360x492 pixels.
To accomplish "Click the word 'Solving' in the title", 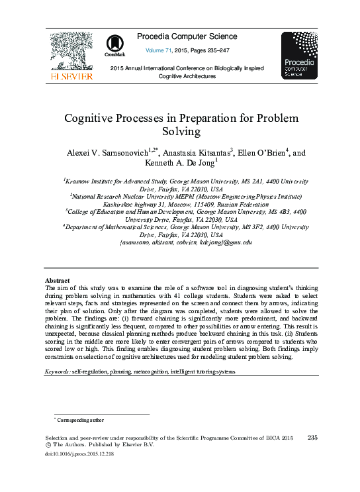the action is point(180,132).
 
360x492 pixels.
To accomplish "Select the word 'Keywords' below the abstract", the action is point(56,372).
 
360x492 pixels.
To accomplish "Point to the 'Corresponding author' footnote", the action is point(80,420).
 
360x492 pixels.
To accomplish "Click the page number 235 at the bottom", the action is point(314,438).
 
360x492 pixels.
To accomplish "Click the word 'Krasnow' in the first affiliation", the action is point(80,180).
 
